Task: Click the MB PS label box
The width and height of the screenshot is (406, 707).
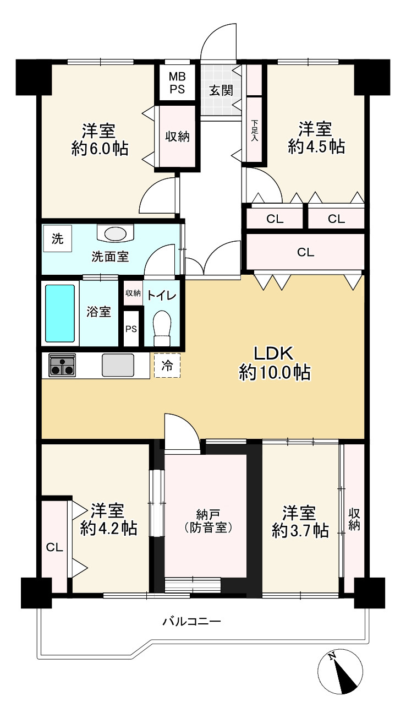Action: (x=177, y=83)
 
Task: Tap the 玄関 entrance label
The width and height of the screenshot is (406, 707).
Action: (x=221, y=91)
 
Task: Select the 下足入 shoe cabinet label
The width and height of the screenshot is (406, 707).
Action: (x=254, y=130)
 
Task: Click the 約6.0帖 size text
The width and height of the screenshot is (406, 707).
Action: (x=100, y=148)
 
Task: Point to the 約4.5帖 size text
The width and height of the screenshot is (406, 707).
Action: (x=316, y=146)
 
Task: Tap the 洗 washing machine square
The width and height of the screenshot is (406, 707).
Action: (x=57, y=238)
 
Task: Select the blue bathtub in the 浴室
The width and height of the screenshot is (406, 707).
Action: (x=61, y=313)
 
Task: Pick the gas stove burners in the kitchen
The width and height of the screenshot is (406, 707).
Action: (x=62, y=365)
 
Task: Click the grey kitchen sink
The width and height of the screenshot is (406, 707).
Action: (x=118, y=365)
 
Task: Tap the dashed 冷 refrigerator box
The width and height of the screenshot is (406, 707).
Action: (x=167, y=366)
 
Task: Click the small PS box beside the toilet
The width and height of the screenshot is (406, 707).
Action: (x=131, y=329)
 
